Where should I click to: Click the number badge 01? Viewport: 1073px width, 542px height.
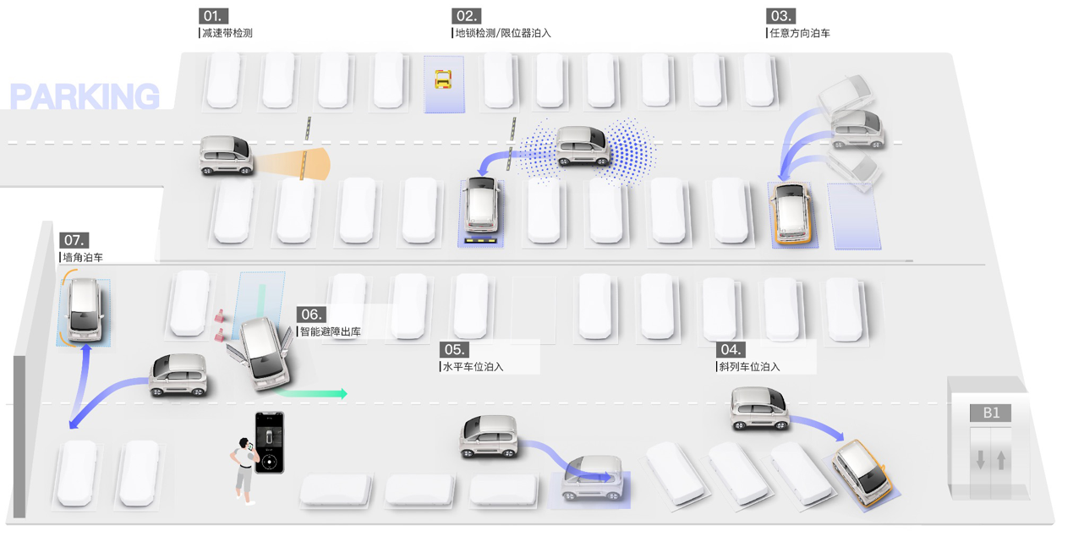coord(213,16)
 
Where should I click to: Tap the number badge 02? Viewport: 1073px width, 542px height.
coord(467,16)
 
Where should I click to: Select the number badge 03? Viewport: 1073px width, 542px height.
coord(780,16)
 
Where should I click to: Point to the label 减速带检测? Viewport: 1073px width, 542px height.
coord(227,34)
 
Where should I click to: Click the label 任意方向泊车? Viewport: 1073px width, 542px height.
coord(799,34)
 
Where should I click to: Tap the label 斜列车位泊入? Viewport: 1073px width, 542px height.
coord(750,367)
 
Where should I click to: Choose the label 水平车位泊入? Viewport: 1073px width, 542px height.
coord(474,367)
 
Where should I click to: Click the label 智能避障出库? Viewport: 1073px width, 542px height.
coord(331,331)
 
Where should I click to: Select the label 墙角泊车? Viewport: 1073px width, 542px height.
coord(83,257)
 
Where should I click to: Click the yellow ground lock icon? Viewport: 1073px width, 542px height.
coord(443,79)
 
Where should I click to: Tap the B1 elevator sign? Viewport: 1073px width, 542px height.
coord(991,413)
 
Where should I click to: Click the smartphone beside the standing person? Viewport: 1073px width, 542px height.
coord(271,442)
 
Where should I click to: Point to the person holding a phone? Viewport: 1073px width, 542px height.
coord(244,471)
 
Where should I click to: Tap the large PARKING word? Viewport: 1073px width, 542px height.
coord(85,97)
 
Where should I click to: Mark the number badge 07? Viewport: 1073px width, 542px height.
coord(74,240)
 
